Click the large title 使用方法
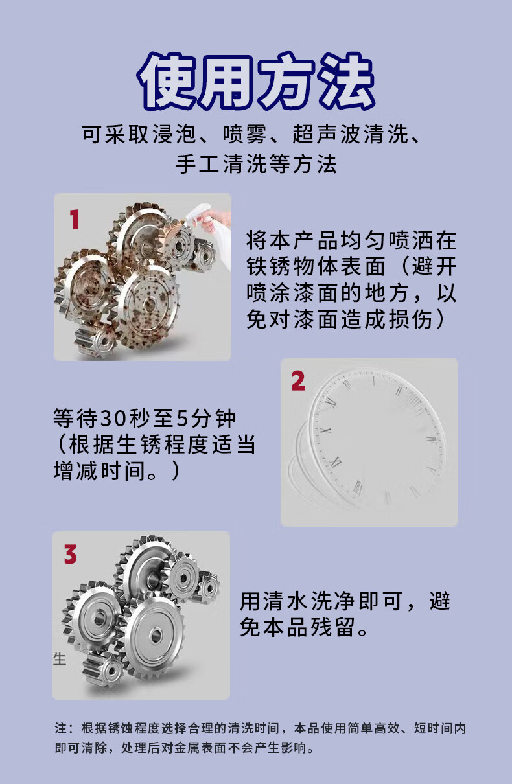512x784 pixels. point(256,81)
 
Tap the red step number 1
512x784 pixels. point(74,220)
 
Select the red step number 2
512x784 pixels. point(298,381)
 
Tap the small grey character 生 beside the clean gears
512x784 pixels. point(60,659)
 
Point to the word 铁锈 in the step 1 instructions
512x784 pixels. point(269,267)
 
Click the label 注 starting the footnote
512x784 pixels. point(61,728)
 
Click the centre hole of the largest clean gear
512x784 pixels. point(155,635)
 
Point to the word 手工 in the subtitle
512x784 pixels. point(198,164)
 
